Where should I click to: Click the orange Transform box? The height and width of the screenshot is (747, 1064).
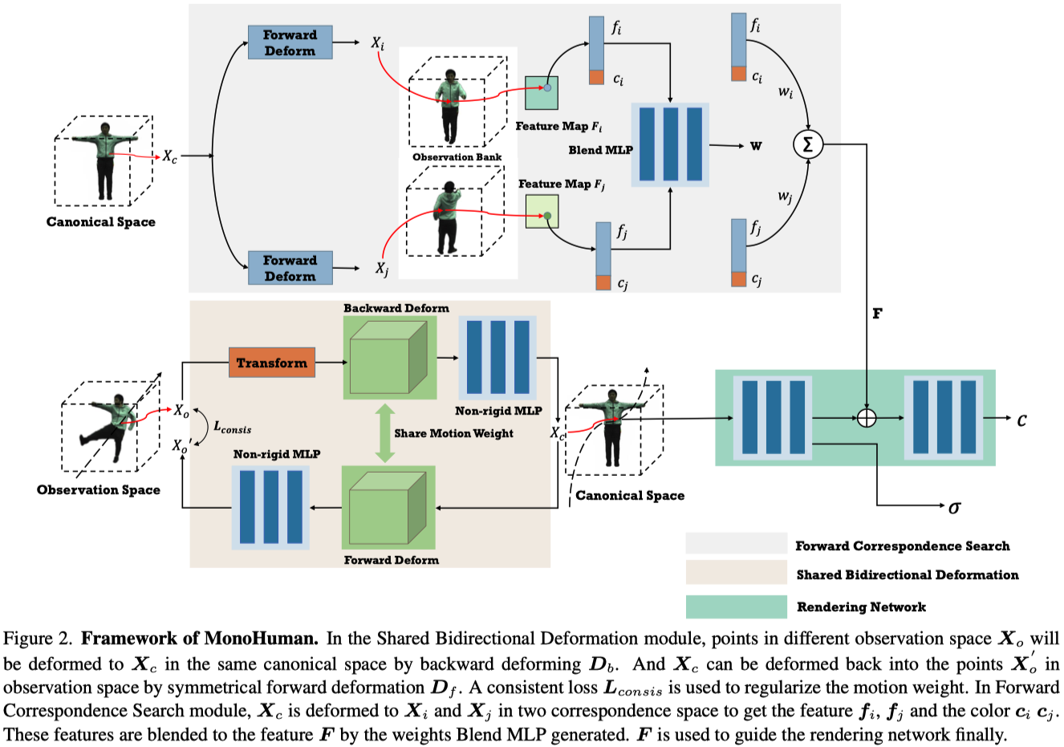coord(272,363)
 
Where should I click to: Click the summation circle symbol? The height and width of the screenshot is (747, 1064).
coord(807,144)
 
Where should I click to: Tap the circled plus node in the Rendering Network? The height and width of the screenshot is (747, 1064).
coord(867,418)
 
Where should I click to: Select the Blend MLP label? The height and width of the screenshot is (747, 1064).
coord(600,150)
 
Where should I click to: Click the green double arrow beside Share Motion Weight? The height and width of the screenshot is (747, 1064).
coord(385,433)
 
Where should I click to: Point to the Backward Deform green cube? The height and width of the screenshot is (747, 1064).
coord(389,357)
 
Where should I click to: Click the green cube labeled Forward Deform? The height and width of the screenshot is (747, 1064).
coord(388,508)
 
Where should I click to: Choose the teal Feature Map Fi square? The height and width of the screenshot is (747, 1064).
coord(542,93)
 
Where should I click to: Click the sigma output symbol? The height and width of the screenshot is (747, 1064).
coord(954,507)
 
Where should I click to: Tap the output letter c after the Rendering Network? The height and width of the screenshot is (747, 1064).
coord(1021,420)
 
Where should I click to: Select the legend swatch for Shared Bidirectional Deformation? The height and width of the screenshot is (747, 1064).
coord(736,573)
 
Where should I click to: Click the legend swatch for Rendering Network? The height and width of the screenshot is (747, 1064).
coord(736,606)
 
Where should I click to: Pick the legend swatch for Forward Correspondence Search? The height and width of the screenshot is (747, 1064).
coord(736,543)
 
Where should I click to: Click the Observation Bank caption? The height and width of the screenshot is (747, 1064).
coord(457,157)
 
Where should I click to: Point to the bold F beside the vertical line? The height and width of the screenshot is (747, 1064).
coord(877,314)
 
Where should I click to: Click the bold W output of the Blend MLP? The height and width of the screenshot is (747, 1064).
coord(756,146)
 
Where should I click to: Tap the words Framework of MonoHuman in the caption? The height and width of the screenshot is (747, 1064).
coord(200,639)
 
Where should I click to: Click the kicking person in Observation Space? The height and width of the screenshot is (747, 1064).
coord(110,429)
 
